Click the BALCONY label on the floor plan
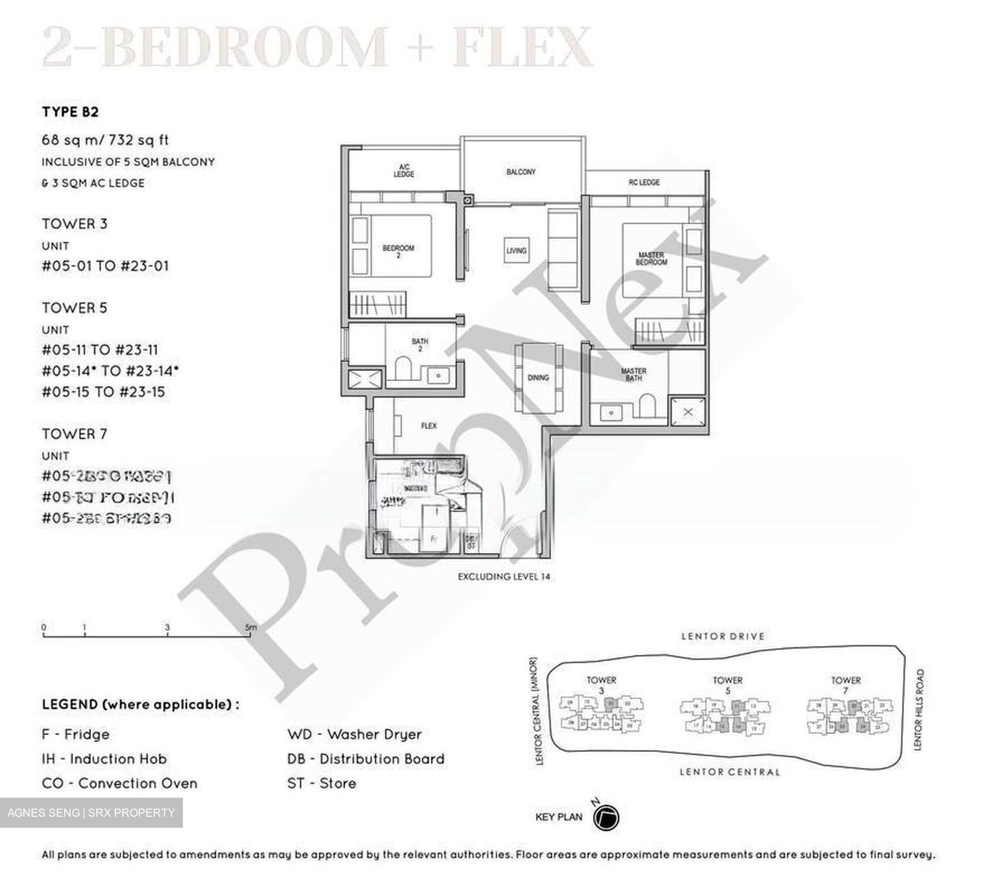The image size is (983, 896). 521,172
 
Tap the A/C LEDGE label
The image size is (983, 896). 403,170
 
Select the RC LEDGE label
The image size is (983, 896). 644,182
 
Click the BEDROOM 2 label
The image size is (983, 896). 398,251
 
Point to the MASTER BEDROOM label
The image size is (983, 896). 651,258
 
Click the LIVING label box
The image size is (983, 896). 516,251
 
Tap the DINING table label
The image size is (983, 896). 538,378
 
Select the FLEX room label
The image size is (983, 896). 429,426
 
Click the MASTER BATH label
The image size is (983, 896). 633,374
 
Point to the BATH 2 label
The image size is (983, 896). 420,345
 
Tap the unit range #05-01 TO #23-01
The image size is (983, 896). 105,266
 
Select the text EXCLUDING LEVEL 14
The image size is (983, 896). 504,576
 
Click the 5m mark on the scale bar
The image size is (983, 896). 251,628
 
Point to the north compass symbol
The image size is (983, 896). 606,817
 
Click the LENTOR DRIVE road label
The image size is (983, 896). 723,636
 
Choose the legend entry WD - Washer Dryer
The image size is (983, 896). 354,735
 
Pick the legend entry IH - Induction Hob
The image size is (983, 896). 104,759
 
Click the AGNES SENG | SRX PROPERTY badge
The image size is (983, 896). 91,813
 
